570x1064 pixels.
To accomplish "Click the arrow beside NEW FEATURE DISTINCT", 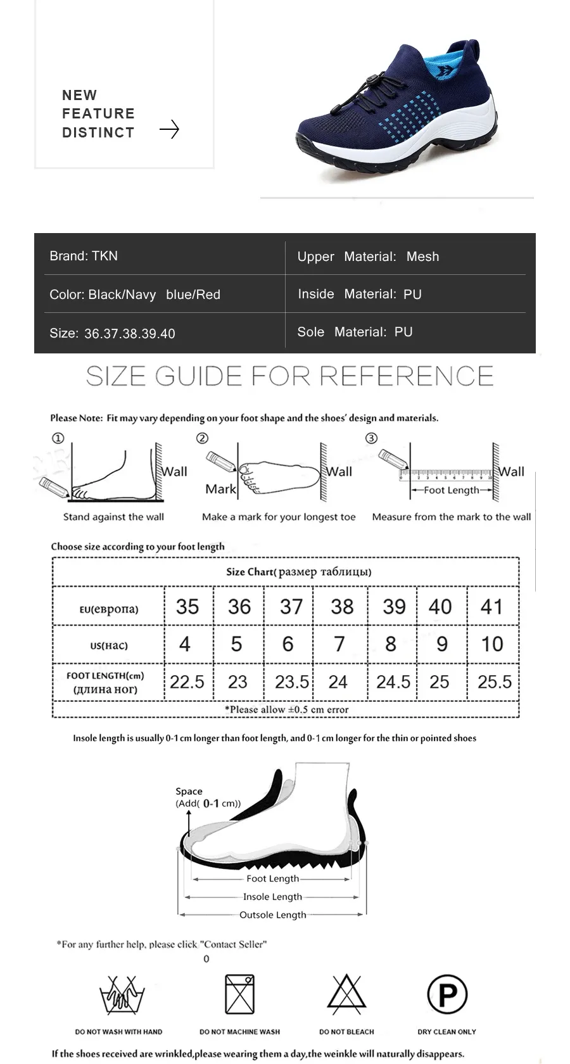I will click(169, 130).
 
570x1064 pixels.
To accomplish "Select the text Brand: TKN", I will click(84, 256).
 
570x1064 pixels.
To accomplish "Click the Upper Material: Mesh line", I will click(368, 256).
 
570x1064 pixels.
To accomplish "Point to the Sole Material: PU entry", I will click(355, 332).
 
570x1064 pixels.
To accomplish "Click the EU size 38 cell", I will click(342, 607).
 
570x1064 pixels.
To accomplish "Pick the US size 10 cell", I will click(492, 644).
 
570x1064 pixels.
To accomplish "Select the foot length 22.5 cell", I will click(187, 681).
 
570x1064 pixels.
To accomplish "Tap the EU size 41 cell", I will click(491, 607).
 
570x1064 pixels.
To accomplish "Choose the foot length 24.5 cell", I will click(393, 681).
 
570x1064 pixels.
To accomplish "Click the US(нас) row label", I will click(109, 645).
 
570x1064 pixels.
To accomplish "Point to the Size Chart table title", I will click(298, 572).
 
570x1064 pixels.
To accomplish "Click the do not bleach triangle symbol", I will click(346, 993).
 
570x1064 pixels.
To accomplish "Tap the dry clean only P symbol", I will click(447, 994).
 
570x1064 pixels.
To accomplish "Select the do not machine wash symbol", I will click(240, 994).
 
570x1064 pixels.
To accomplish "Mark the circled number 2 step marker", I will click(202, 438).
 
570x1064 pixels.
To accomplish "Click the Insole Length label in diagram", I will click(272, 897).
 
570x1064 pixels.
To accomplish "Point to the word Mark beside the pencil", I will click(220, 489).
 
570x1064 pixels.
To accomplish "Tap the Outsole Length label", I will click(273, 915).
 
